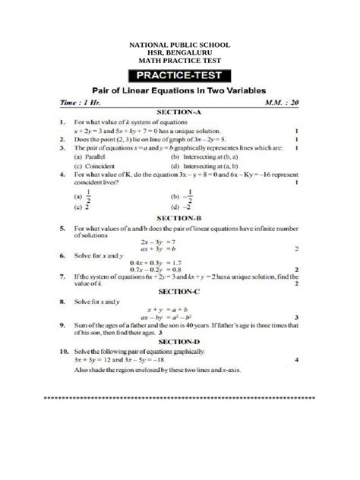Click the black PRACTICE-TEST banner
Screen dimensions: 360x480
[x=180, y=75]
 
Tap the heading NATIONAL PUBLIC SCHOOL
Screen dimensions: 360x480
[x=180, y=46]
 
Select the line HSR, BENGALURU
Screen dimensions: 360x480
[x=180, y=53]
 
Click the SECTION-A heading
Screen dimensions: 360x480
[x=180, y=111]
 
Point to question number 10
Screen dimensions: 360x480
[x=62, y=352]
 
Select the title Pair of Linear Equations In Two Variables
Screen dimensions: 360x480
[x=180, y=89]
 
